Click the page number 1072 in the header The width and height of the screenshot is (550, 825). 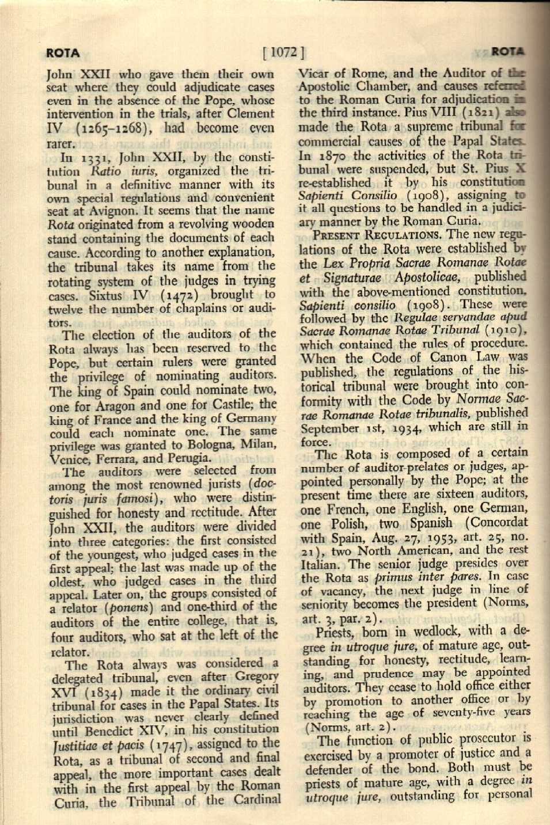283,52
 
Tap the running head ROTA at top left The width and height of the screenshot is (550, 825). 63,53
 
